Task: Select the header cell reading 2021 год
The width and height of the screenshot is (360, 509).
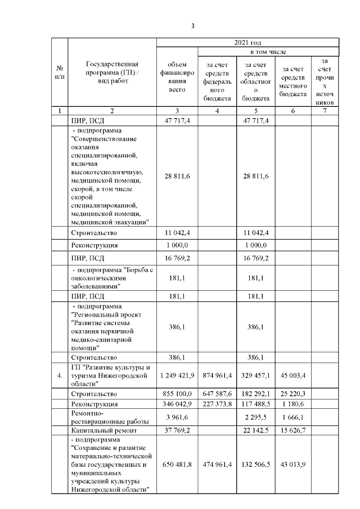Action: [x=247, y=43]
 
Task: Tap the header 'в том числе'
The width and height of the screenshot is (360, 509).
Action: [x=268, y=52]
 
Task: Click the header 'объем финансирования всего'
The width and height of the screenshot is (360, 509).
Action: [x=177, y=80]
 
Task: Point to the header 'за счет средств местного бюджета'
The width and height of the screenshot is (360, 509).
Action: [x=294, y=80]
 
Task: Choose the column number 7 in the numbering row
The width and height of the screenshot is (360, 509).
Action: [x=325, y=110]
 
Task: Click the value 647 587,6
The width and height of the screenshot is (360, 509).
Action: [x=217, y=393]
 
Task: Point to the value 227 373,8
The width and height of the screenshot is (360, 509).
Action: [x=217, y=404]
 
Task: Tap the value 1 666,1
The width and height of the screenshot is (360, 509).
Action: [x=294, y=417]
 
